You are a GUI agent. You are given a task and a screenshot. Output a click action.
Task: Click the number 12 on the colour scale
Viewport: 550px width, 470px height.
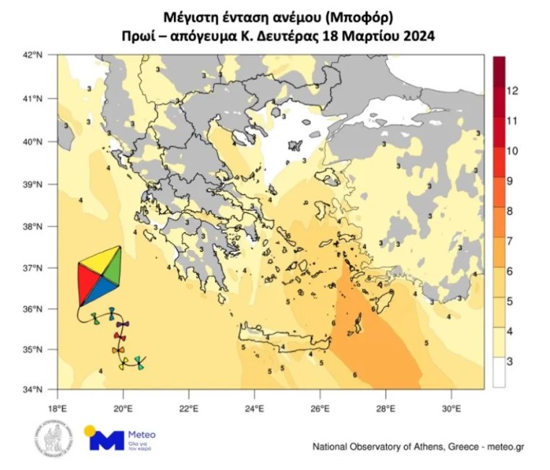point(513,91)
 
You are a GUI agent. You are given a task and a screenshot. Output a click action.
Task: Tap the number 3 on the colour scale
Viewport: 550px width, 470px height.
point(510,360)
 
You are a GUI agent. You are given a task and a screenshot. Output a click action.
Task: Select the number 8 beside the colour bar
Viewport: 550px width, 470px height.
point(510,211)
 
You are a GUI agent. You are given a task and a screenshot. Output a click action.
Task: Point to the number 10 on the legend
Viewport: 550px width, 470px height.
point(513,151)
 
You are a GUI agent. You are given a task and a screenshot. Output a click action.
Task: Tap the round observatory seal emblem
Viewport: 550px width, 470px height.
point(50,439)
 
